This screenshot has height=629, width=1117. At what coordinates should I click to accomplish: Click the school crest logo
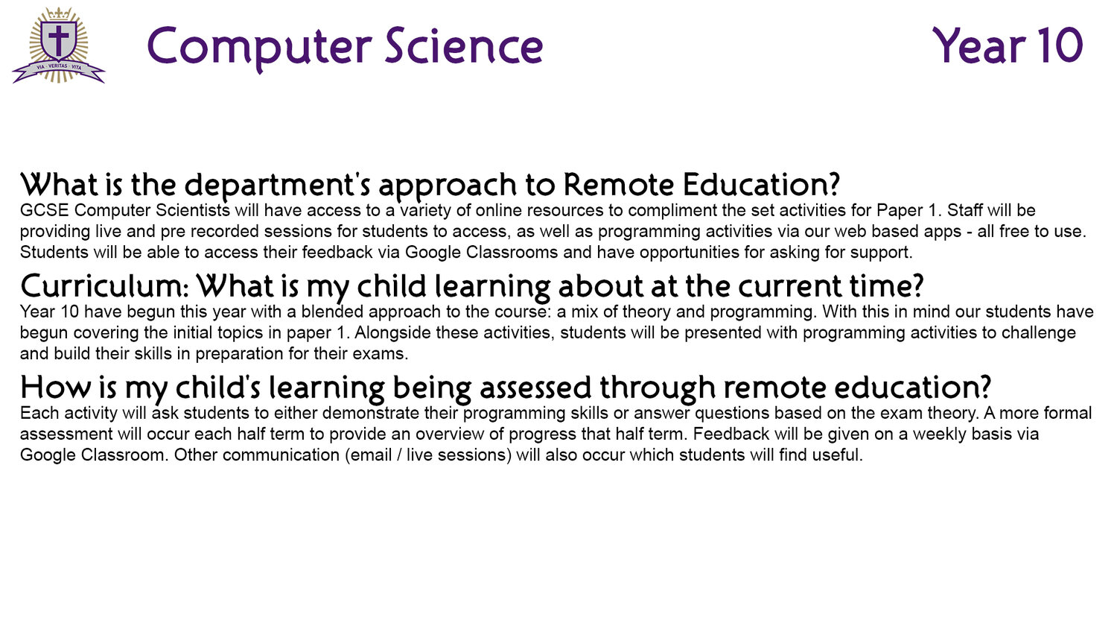[x=59, y=45]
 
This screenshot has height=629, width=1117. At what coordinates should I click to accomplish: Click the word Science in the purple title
[x=464, y=46]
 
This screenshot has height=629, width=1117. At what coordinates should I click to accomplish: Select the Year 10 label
[x=1008, y=45]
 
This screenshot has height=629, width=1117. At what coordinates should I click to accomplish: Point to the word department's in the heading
[x=277, y=186]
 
